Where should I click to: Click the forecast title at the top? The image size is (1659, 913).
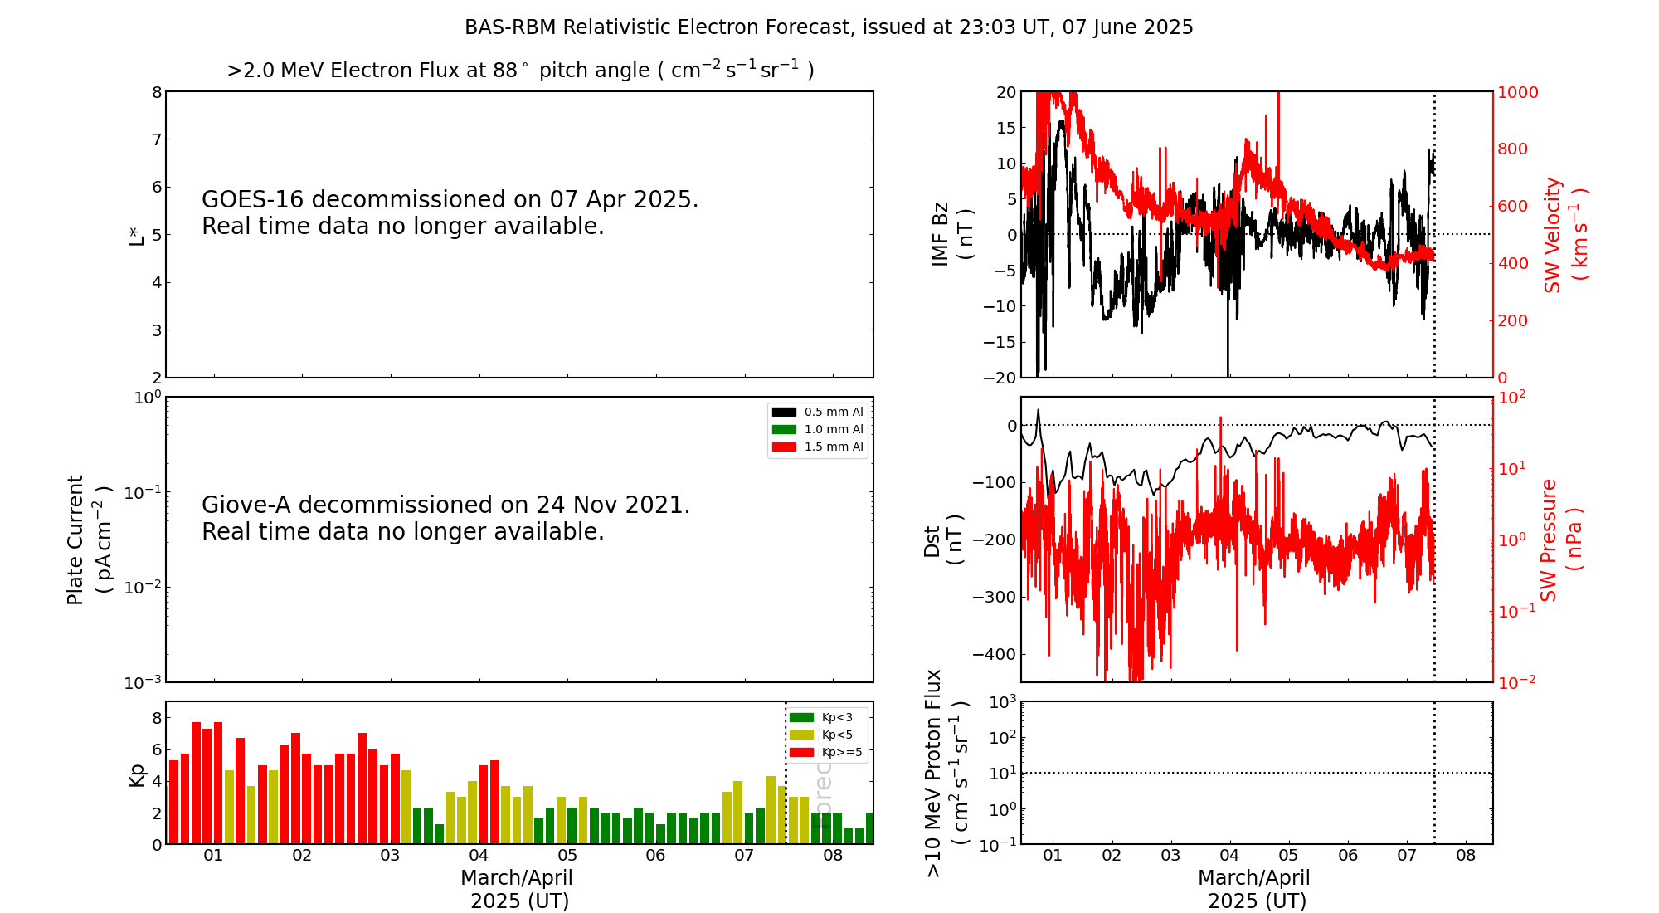tap(829, 27)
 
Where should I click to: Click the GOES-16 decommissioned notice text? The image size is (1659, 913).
tap(450, 212)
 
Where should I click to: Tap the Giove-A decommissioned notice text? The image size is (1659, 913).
tap(445, 518)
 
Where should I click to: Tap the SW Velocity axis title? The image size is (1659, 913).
tap(1564, 235)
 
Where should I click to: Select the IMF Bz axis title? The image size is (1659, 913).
tap(952, 234)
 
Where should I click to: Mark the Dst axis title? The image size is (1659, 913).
tap(944, 540)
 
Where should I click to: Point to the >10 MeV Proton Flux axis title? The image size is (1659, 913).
tap(946, 773)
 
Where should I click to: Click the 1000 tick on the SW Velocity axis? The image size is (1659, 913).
tap(1517, 92)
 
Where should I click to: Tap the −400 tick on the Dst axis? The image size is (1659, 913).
tap(995, 654)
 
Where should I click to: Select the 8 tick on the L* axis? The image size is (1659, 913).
tap(157, 92)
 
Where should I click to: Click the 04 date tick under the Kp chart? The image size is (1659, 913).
tap(479, 856)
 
